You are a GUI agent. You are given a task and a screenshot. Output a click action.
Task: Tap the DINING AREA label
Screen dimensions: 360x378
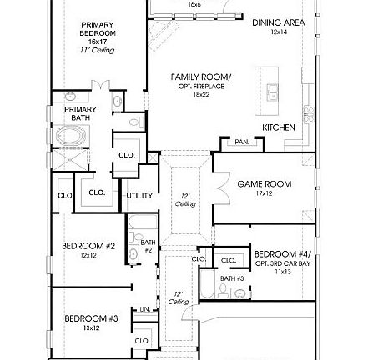click(278, 22)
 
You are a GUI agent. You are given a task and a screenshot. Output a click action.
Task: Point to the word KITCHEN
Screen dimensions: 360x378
click(278, 127)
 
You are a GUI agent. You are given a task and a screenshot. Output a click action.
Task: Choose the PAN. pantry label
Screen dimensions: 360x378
click(242, 142)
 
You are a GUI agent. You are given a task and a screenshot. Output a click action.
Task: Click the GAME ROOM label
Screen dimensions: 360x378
click(264, 183)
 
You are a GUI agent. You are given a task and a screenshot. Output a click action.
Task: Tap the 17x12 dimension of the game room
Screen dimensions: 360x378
click(264, 193)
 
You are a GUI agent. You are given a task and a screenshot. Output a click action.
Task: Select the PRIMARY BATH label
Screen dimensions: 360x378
click(80, 113)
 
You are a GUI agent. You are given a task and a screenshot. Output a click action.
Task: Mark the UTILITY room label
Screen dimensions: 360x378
click(139, 195)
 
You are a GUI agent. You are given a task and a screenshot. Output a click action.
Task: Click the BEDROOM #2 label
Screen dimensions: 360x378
click(88, 246)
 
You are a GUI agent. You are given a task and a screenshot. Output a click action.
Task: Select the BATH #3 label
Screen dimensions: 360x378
click(233, 278)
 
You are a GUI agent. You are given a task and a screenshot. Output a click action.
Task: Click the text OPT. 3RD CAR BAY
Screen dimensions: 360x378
click(284, 262)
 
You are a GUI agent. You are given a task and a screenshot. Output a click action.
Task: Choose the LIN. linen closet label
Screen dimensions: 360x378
click(144, 309)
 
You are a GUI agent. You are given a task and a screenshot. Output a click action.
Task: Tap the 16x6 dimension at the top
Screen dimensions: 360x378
click(194, 4)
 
